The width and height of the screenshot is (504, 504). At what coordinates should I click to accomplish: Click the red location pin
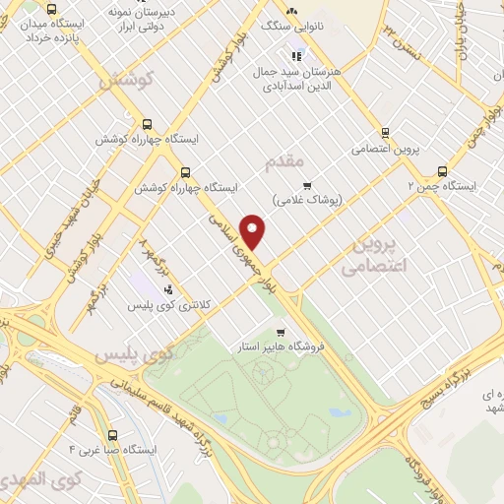click(254, 231)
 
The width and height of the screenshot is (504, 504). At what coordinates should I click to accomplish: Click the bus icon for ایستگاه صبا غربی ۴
click(111, 434)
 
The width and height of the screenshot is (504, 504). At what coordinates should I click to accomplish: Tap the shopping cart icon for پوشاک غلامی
click(307, 184)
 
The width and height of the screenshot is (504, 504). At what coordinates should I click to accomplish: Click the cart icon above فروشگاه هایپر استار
click(283, 332)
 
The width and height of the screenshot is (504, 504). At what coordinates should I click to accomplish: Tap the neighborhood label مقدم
click(285, 158)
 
